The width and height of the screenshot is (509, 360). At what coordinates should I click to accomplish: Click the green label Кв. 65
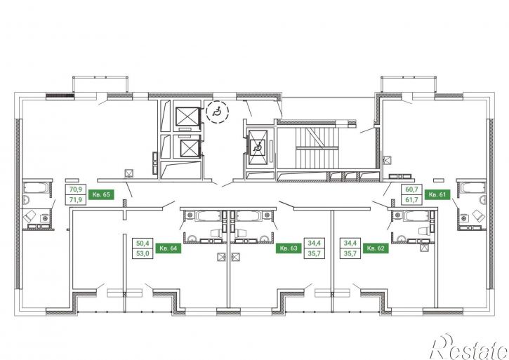point(101,194)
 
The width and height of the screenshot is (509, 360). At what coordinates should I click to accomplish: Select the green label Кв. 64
point(168,248)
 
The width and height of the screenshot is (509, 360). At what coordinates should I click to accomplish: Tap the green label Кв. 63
point(289,248)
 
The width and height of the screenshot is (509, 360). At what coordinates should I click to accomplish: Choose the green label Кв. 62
point(376,248)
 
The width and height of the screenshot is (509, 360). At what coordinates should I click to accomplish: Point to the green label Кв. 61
point(437,194)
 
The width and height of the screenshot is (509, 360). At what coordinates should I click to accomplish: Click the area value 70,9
point(76,189)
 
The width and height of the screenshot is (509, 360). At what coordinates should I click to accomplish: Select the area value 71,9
point(76,199)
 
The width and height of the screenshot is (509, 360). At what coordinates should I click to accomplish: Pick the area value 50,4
point(143,243)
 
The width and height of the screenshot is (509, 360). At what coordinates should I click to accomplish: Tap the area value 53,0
point(143,253)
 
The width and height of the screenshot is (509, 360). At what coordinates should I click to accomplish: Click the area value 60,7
point(411,189)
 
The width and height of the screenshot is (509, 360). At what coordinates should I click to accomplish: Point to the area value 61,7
point(411,199)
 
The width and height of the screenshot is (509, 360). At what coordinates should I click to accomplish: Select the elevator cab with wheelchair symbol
point(258,147)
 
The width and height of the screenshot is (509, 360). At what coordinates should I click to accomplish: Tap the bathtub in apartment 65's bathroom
point(36,188)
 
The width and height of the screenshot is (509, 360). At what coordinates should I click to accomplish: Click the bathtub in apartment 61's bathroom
point(473,188)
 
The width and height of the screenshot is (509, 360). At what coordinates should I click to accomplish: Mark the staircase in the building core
point(317,147)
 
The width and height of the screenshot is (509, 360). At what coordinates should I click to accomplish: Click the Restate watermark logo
point(468,348)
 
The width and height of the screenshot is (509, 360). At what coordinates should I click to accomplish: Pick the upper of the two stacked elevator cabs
point(187,116)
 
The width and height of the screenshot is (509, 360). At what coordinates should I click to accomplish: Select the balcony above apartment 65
point(100,84)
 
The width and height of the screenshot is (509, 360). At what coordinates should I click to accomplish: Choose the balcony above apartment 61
point(409,84)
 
